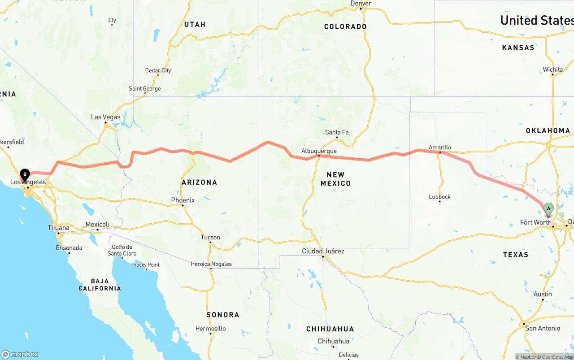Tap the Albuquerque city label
[319, 151]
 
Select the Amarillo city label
[440, 147]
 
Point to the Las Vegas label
[106, 117]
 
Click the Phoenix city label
[183, 200]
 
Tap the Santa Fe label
[337, 132]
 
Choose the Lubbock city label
[439, 197]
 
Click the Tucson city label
[210, 237]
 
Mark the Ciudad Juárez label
[323, 251]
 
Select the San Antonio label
[543, 328]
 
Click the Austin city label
[543, 294]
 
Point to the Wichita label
[552, 69]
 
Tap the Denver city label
[361, 4]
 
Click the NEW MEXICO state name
[335, 179]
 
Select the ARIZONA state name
[199, 182]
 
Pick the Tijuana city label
[59, 228]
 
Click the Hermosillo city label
[210, 329]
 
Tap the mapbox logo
[20, 354]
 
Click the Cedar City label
[158, 70]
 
